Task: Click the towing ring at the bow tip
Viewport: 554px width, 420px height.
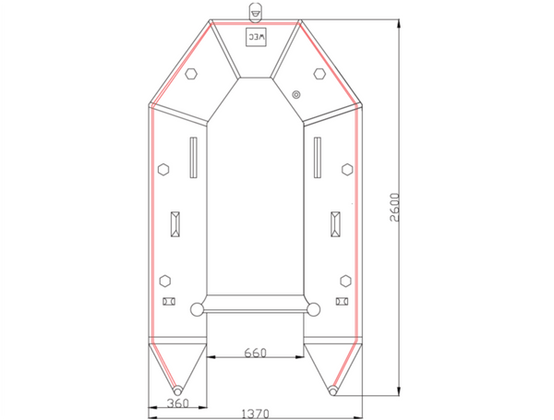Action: [255, 10]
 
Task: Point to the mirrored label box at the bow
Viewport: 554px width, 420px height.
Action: [255, 38]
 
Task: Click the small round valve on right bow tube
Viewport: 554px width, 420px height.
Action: [295, 93]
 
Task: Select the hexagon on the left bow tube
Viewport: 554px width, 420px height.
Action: [191, 73]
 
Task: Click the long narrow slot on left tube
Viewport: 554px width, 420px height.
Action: [193, 158]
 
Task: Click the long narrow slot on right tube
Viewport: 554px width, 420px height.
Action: [317, 158]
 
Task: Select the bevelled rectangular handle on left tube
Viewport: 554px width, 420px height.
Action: [175, 224]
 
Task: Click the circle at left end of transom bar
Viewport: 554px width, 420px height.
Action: [197, 309]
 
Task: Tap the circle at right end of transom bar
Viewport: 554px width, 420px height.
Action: [313, 309]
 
